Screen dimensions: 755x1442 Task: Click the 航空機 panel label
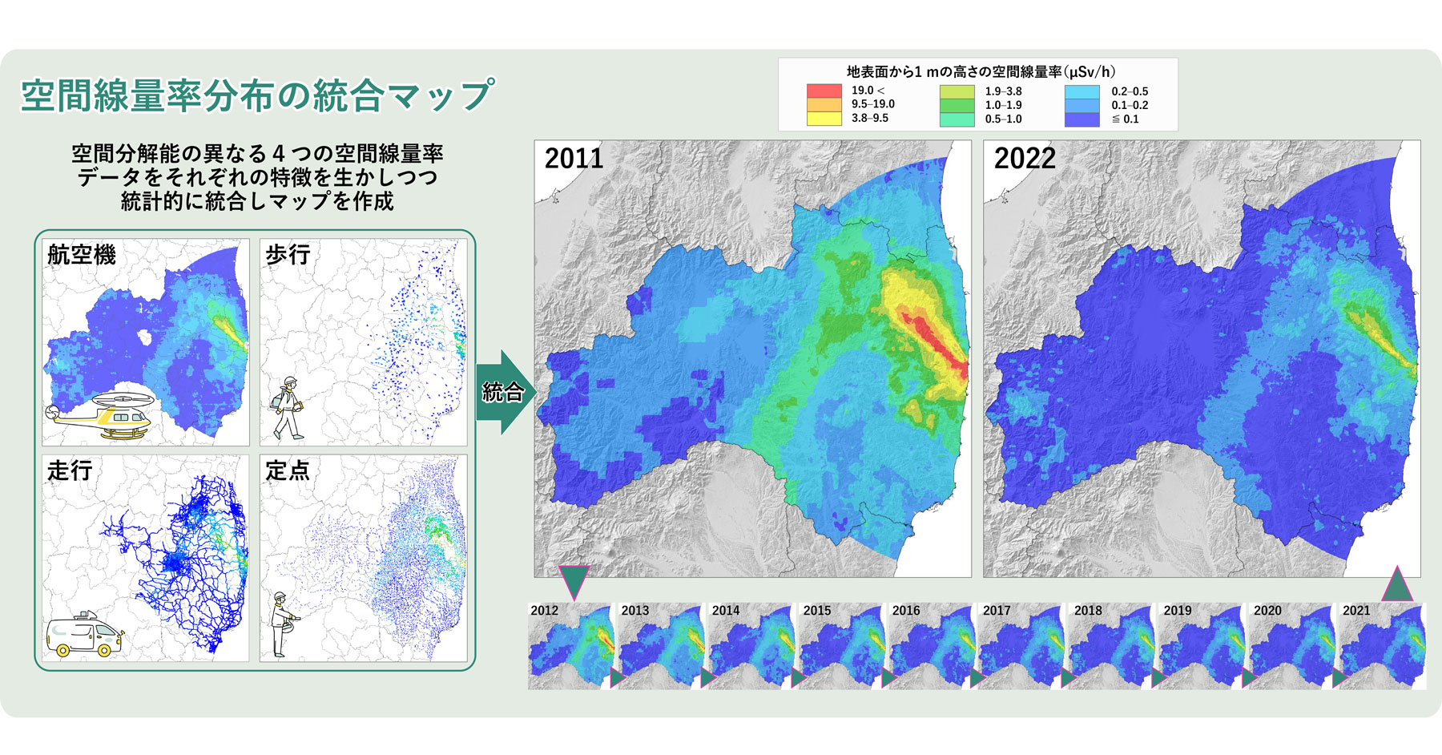82,255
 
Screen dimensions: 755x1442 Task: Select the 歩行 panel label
288,255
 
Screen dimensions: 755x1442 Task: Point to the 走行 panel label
70,470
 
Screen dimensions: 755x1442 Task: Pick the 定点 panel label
288,470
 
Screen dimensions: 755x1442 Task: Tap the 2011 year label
574,159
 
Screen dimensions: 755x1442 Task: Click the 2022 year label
1025,159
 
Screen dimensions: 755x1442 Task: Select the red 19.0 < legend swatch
824,91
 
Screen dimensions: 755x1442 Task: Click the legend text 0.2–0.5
1130,91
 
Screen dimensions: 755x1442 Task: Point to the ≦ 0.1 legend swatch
1081,119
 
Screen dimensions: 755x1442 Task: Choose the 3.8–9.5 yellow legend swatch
824,119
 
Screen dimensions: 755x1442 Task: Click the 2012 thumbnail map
571,646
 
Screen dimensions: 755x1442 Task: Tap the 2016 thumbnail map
932,646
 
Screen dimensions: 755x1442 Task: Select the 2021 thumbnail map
1384,646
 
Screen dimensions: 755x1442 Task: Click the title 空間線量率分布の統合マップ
257,95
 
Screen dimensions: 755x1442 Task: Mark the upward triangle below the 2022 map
1397,585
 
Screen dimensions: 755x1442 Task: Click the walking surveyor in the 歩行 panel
288,408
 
